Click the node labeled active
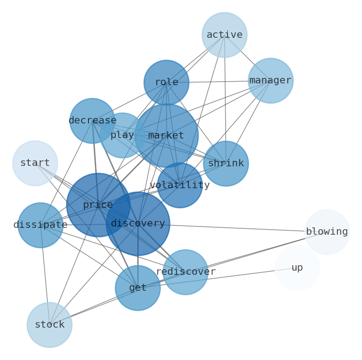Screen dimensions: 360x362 (x=224, y=35)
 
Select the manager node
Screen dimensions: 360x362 (x=270, y=81)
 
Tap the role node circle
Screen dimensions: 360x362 (x=166, y=82)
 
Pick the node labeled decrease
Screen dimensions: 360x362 (x=92, y=121)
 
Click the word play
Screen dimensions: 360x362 (x=122, y=135)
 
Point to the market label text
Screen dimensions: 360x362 (x=166, y=136)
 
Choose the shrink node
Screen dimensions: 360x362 (x=226, y=164)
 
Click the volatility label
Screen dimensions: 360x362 (x=180, y=185)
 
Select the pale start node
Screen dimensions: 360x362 (x=35, y=163)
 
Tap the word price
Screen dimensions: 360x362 (x=98, y=205)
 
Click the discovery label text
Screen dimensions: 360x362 (x=138, y=224)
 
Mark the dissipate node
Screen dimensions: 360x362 (x=41, y=225)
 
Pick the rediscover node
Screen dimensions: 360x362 (x=186, y=272)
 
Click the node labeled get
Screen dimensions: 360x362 (x=138, y=288)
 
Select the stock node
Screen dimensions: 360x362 (x=50, y=325)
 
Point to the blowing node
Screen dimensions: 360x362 (x=327, y=232)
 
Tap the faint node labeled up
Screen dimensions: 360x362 (x=297, y=268)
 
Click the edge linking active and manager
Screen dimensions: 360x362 (x=248, y=58)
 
